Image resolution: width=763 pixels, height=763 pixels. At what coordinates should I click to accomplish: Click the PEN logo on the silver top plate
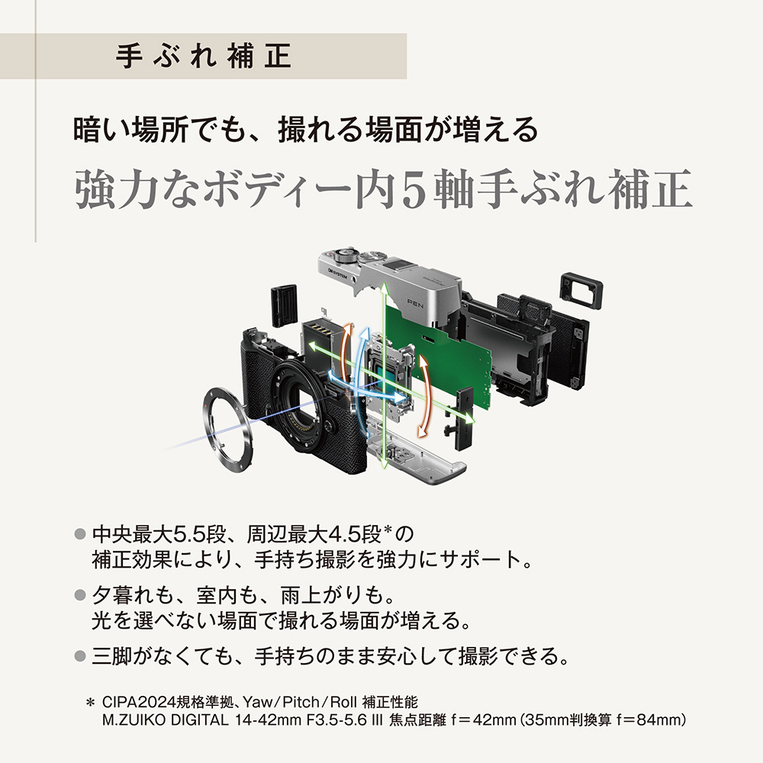(415, 304)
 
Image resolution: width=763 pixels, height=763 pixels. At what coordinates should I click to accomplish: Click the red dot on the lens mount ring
(208, 405)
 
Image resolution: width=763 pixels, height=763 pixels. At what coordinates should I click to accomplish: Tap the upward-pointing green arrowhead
(384, 287)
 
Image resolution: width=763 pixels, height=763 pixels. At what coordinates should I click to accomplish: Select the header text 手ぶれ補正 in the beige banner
(204, 56)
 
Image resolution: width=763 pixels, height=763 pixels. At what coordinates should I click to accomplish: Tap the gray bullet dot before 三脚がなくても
(80, 656)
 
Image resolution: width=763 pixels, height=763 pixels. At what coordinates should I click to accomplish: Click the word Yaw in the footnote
(258, 702)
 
